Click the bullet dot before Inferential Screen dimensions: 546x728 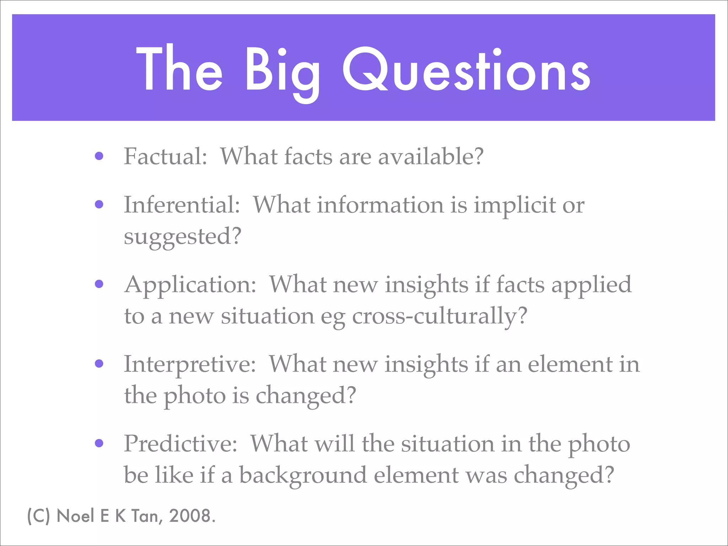pyautogui.click(x=99, y=204)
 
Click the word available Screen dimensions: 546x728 pyautogui.click(x=430, y=156)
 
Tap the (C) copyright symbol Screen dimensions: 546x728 pyautogui.click(x=39, y=516)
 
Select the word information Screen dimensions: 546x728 pyautogui.click(x=380, y=205)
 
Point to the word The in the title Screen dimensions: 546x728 pyautogui.click(x=179, y=69)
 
